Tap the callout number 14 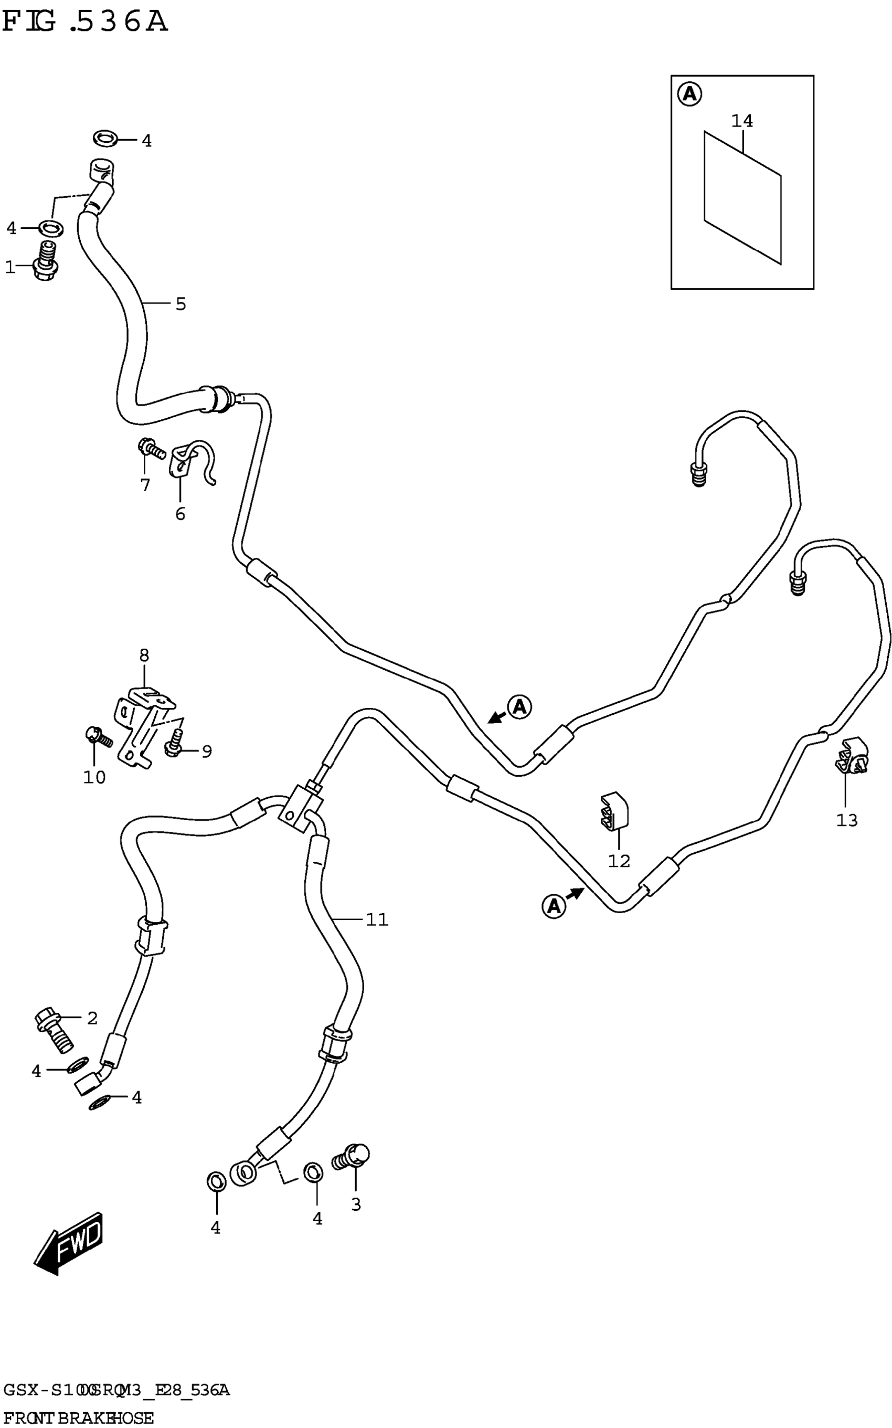(741, 121)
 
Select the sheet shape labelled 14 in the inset (742, 197)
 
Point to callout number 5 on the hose (180, 304)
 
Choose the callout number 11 (376, 919)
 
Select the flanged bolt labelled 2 (54, 1032)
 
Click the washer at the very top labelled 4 (105, 139)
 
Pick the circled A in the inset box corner (689, 94)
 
